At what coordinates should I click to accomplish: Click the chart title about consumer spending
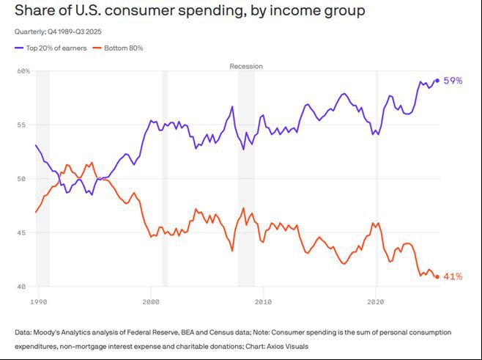190,12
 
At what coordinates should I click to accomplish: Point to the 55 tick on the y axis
23,125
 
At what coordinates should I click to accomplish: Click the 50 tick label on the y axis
23,179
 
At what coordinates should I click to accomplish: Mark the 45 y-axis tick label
23,233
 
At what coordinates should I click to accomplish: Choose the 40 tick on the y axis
23,287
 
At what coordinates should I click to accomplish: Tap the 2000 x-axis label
150,301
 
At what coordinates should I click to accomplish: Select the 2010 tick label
263,301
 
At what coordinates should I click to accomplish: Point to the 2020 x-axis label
375,301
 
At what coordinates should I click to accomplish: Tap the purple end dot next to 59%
437,81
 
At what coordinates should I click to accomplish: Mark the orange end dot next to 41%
437,277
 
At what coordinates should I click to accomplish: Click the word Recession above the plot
246,66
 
